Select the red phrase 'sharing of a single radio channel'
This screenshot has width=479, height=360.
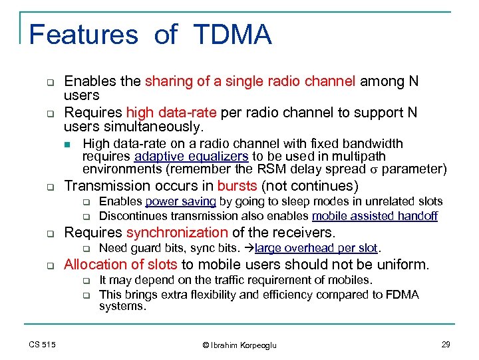tap(251, 82)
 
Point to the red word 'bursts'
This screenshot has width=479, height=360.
tap(236, 185)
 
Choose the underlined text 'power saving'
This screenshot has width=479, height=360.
tap(180, 201)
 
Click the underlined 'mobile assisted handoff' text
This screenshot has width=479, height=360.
tap(375, 215)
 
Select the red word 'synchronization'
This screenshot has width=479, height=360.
tap(177, 232)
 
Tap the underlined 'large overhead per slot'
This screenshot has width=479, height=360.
tap(317, 249)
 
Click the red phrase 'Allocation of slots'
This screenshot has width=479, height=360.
tap(122, 265)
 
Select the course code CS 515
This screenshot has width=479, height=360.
tap(42, 344)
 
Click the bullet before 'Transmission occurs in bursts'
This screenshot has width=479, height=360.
tap(49, 187)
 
